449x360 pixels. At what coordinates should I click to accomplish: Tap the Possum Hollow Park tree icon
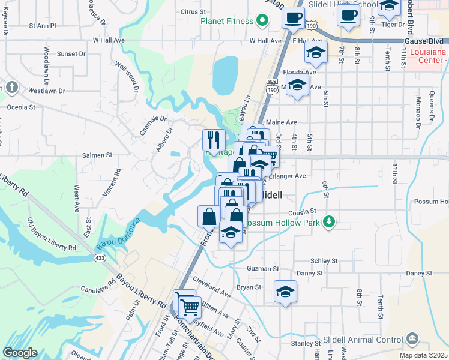coord(328,222)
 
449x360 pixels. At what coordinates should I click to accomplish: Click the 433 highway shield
coord(100,257)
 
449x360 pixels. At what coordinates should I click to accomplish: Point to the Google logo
coord(20,353)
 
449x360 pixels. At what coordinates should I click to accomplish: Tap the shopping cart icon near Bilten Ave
coord(190,307)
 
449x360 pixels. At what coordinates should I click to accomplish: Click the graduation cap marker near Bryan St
coord(286,292)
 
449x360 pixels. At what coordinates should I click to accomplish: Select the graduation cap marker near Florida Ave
coord(316,52)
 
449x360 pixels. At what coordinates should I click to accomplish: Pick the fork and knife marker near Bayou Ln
coord(214,141)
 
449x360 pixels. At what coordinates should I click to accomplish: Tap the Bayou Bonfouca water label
coord(118,235)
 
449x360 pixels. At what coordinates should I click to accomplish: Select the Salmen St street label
coord(97,155)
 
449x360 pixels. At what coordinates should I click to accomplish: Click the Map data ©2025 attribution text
coord(424,355)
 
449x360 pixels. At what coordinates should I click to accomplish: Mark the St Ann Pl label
coord(42,26)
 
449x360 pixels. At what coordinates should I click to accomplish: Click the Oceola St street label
coord(21,107)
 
